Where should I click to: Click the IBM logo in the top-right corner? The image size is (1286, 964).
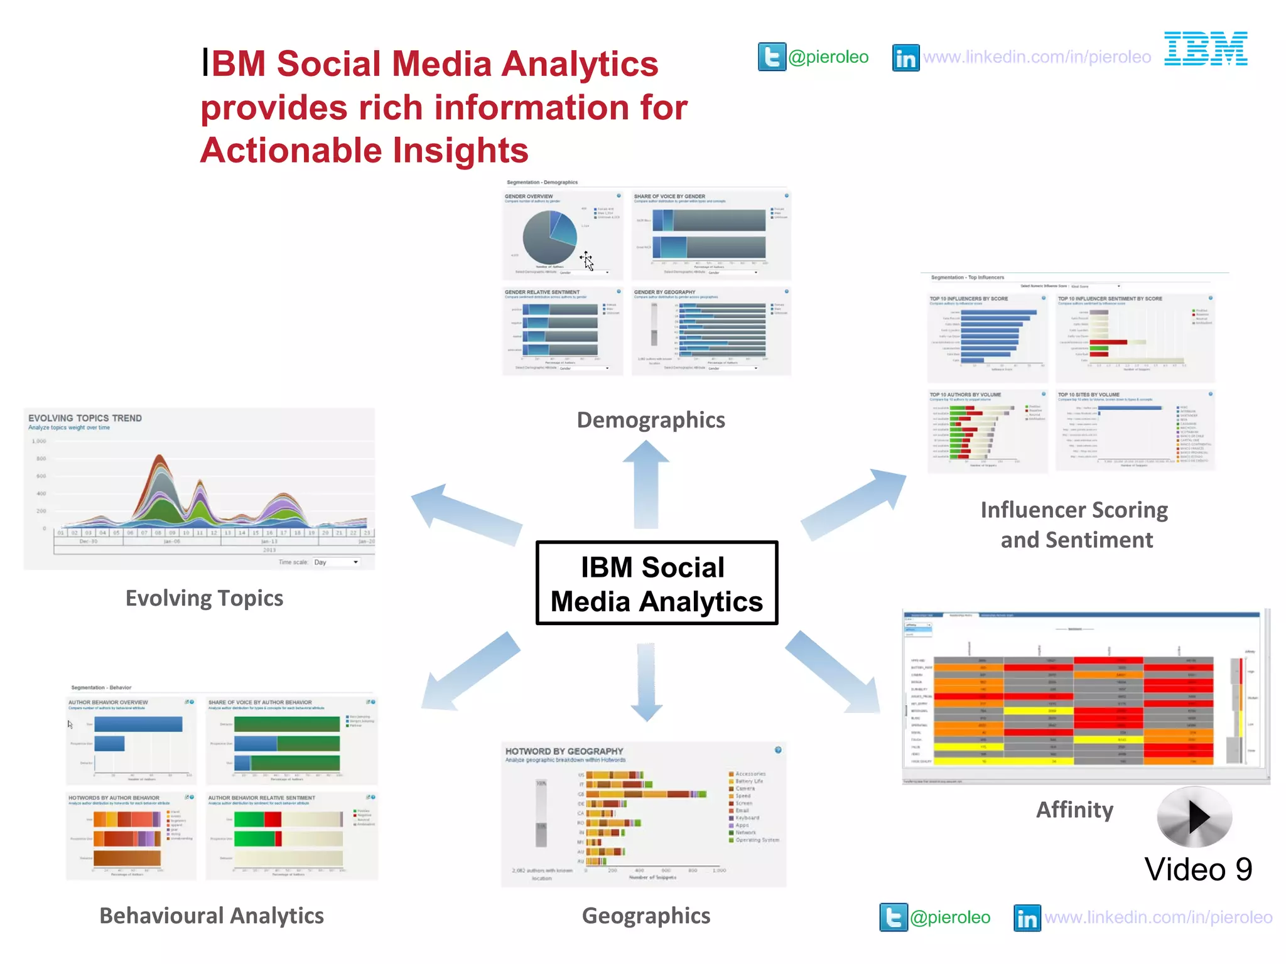1206,49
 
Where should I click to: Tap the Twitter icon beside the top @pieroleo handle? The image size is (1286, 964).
772,57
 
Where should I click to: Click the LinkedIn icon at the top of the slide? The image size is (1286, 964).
905,58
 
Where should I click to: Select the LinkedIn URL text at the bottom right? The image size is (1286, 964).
1158,918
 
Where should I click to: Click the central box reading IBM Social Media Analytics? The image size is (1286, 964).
656,583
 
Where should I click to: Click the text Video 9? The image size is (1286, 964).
1198,870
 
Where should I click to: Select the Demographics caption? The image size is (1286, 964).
651,420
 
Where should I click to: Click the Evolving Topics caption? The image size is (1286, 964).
204,598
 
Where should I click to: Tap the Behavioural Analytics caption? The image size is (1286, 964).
212,916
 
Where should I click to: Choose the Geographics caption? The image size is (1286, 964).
646,916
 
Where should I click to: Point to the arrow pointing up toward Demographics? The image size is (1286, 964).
646,483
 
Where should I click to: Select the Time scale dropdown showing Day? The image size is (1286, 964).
336,562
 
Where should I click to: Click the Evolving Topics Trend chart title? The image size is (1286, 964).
85,418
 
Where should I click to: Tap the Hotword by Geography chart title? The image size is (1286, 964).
564,751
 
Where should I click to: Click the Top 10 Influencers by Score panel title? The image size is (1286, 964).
968,299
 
